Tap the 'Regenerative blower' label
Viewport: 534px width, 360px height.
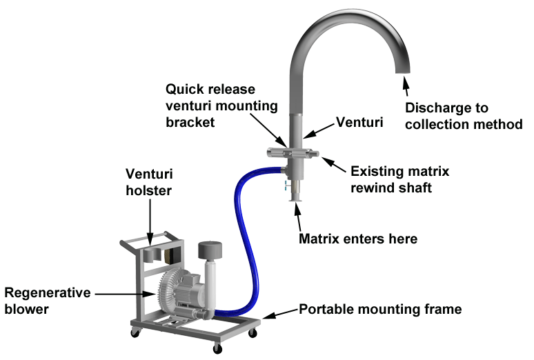48,301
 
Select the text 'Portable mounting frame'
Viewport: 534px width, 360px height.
379,309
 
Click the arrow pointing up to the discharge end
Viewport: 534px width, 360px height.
407,88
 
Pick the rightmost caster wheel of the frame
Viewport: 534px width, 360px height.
253,333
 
